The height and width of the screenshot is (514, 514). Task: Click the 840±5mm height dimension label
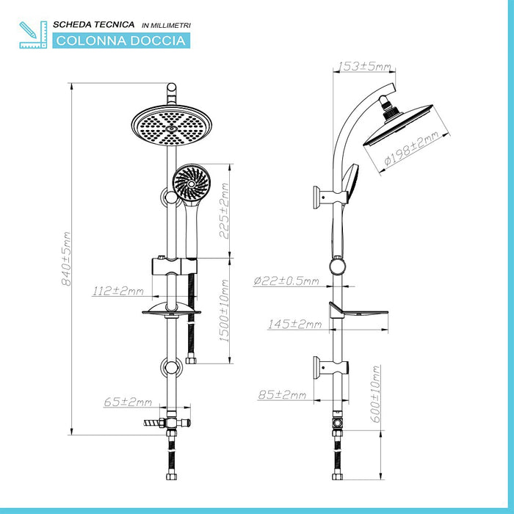coord(67,258)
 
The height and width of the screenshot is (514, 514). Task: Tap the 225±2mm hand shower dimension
coord(225,211)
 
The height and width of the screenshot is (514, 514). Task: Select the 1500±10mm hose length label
coord(225,311)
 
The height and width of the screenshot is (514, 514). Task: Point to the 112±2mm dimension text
coord(117,291)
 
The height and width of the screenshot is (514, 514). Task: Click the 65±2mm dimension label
coord(128,402)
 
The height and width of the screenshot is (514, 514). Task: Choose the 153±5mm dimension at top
coord(364,66)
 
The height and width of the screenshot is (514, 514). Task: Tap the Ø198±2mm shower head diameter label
coord(411,148)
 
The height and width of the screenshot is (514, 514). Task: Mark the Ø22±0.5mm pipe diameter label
coord(286,281)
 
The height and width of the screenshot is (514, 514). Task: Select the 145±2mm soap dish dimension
coord(294,325)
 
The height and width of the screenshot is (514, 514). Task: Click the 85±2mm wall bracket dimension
coord(282,395)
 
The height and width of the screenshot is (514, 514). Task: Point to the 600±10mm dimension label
coord(376,394)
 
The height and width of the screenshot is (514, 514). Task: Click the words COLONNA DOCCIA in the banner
coord(121,41)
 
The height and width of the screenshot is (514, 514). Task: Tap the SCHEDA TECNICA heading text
coord(94,24)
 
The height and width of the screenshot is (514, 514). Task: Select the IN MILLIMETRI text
coord(166,25)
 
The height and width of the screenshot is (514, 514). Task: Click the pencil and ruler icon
coord(33,35)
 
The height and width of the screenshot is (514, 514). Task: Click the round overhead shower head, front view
coord(171,126)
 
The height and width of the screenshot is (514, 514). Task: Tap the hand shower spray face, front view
coord(192,183)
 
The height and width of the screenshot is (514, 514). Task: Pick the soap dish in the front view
coord(171,309)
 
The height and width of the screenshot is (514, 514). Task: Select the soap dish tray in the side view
coord(358,310)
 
